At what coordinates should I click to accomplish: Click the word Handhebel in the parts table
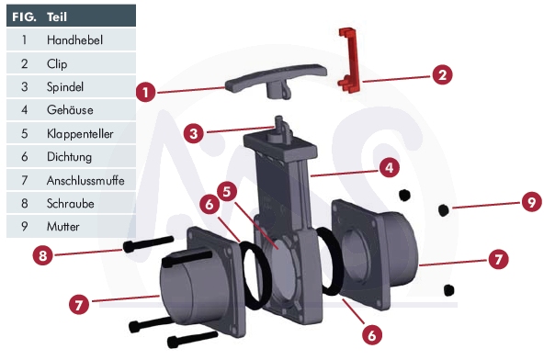coord(74,40)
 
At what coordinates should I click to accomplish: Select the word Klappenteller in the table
coord(80,134)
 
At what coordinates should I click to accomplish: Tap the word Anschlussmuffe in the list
coord(85,181)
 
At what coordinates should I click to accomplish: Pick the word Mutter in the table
coord(63,226)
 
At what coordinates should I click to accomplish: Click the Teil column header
coord(57,17)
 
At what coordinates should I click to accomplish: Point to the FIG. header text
coord(24,17)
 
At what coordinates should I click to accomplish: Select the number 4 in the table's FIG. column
coord(24,110)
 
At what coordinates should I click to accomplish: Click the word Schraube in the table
coord(71,204)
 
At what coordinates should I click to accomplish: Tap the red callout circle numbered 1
coord(145,93)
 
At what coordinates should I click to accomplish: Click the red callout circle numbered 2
coord(442,74)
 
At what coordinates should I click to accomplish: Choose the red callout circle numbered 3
coord(193,134)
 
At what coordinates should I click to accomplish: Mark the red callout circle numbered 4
coord(390,168)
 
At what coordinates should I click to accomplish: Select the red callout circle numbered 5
coord(227,192)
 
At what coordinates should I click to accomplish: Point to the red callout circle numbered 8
coord(42,255)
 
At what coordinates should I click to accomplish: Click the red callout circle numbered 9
coord(532,202)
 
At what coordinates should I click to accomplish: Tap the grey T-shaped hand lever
coord(276,81)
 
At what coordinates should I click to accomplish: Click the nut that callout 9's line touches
coord(444,210)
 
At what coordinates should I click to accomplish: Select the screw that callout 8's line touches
coord(148,244)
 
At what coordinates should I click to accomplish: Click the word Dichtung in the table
coord(70,157)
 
